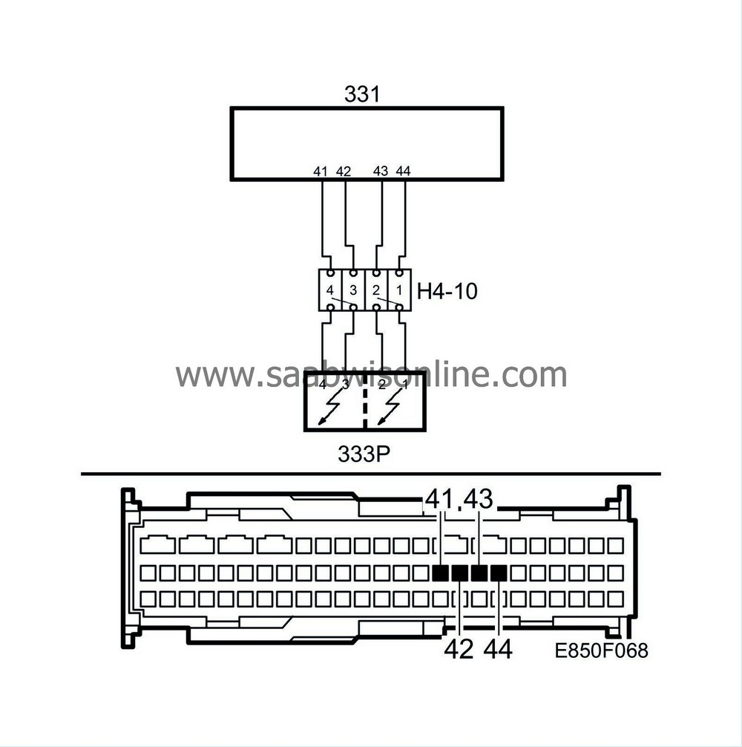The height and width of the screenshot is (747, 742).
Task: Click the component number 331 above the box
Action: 362,94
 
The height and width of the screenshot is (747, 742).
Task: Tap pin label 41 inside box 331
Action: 321,172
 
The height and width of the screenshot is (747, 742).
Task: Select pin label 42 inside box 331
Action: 343,172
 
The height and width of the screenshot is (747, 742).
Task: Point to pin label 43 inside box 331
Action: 381,172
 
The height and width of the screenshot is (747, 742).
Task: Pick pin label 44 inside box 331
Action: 404,172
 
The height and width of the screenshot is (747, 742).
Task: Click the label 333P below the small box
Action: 363,454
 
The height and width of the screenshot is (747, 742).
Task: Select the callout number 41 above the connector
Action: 441,500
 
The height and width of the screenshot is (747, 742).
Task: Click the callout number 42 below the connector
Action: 459,650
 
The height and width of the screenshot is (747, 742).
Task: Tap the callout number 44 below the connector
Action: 498,650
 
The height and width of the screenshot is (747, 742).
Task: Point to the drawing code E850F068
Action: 601,651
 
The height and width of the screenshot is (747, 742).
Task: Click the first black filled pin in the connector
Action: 441,573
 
